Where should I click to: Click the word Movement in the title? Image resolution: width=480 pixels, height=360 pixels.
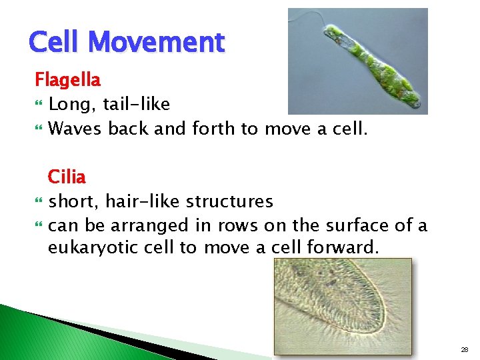[156, 43]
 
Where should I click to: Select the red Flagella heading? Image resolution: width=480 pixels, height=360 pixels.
[67, 81]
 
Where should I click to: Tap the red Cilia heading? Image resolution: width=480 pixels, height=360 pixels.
[67, 177]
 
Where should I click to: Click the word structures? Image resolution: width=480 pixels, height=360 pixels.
[229, 201]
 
